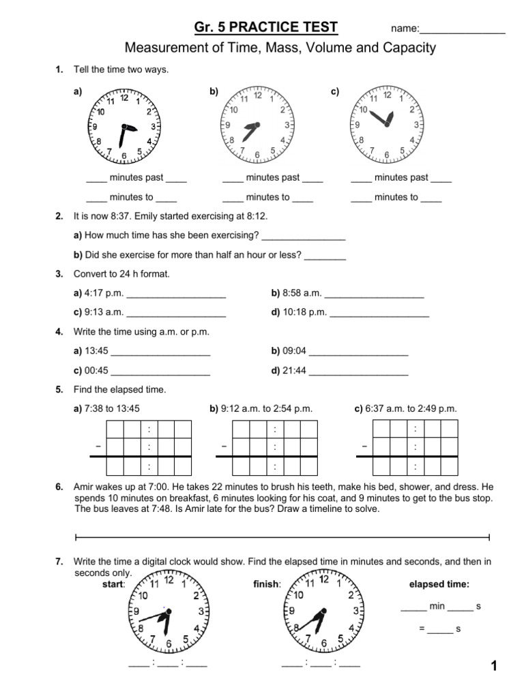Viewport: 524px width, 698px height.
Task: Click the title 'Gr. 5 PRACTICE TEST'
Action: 266,27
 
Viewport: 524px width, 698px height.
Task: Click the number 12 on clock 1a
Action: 124,97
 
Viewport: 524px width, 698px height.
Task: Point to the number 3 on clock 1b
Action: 287,125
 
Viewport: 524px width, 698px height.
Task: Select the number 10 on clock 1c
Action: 364,110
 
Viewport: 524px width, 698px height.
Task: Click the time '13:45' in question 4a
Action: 96,352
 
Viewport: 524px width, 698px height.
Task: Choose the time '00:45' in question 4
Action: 96,371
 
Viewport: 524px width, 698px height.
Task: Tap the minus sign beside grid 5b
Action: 224,446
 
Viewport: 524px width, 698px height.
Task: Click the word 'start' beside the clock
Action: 113,584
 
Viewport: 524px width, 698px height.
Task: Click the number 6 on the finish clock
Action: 323,643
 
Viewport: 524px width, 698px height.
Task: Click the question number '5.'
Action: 59,390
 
